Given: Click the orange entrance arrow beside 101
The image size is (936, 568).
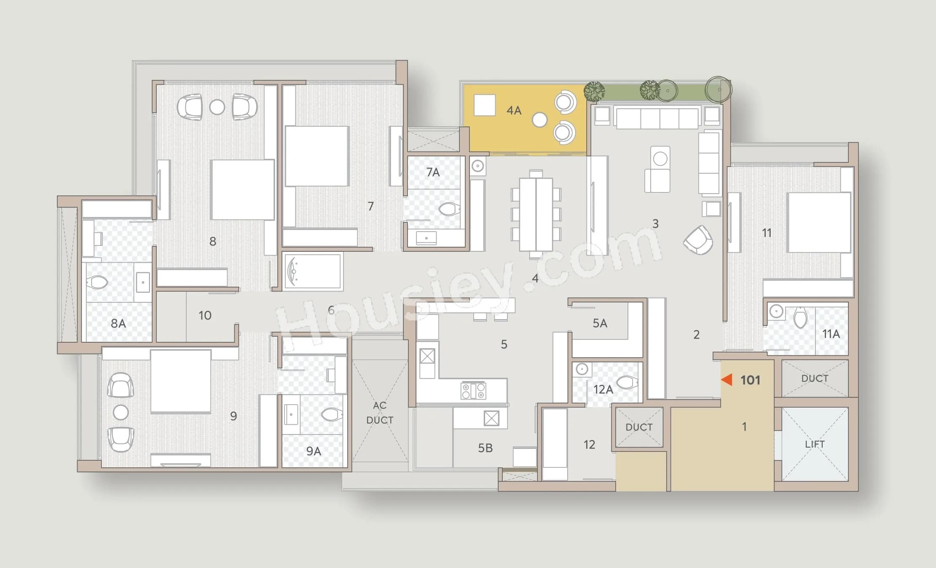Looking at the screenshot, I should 727,379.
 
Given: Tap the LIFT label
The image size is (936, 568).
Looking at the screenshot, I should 814,444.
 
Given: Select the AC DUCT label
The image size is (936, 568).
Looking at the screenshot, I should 379,413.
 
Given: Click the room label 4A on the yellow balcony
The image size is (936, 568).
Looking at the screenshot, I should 514,110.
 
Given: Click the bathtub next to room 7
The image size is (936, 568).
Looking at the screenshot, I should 312,272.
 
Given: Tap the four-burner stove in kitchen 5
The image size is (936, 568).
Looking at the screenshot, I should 473,390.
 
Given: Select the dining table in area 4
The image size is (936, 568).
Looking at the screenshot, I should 536,214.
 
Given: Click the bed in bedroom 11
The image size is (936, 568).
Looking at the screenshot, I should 818,222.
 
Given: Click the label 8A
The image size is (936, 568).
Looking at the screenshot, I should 118,323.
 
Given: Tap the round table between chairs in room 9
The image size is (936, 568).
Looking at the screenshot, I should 121,412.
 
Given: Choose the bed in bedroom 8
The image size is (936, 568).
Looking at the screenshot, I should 242,189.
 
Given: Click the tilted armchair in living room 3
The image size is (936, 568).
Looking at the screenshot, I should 698,240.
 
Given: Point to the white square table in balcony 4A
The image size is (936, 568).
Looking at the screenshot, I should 484,105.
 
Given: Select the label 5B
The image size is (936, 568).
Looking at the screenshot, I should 485,448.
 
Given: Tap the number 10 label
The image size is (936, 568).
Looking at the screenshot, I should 205,315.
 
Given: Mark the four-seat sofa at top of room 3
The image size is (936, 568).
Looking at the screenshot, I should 657,118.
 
